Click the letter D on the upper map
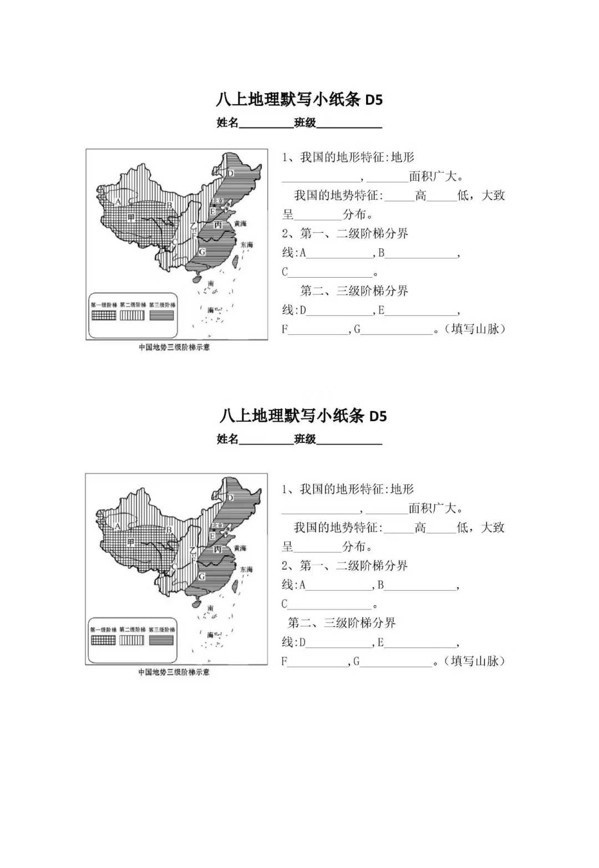[x=231, y=173]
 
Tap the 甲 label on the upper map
[x=131, y=217]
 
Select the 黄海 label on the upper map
[x=240, y=223]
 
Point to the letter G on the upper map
[x=202, y=252]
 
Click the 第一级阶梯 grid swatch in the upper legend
[x=104, y=315]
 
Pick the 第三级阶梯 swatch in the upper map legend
[x=161, y=315]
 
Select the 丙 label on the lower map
[x=218, y=549]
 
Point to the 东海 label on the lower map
[x=246, y=569]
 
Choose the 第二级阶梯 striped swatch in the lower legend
[x=132, y=640]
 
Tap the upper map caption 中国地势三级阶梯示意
[x=174, y=348]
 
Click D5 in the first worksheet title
[x=374, y=100]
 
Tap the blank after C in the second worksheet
[x=330, y=604]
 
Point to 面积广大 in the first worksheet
[x=436, y=177]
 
